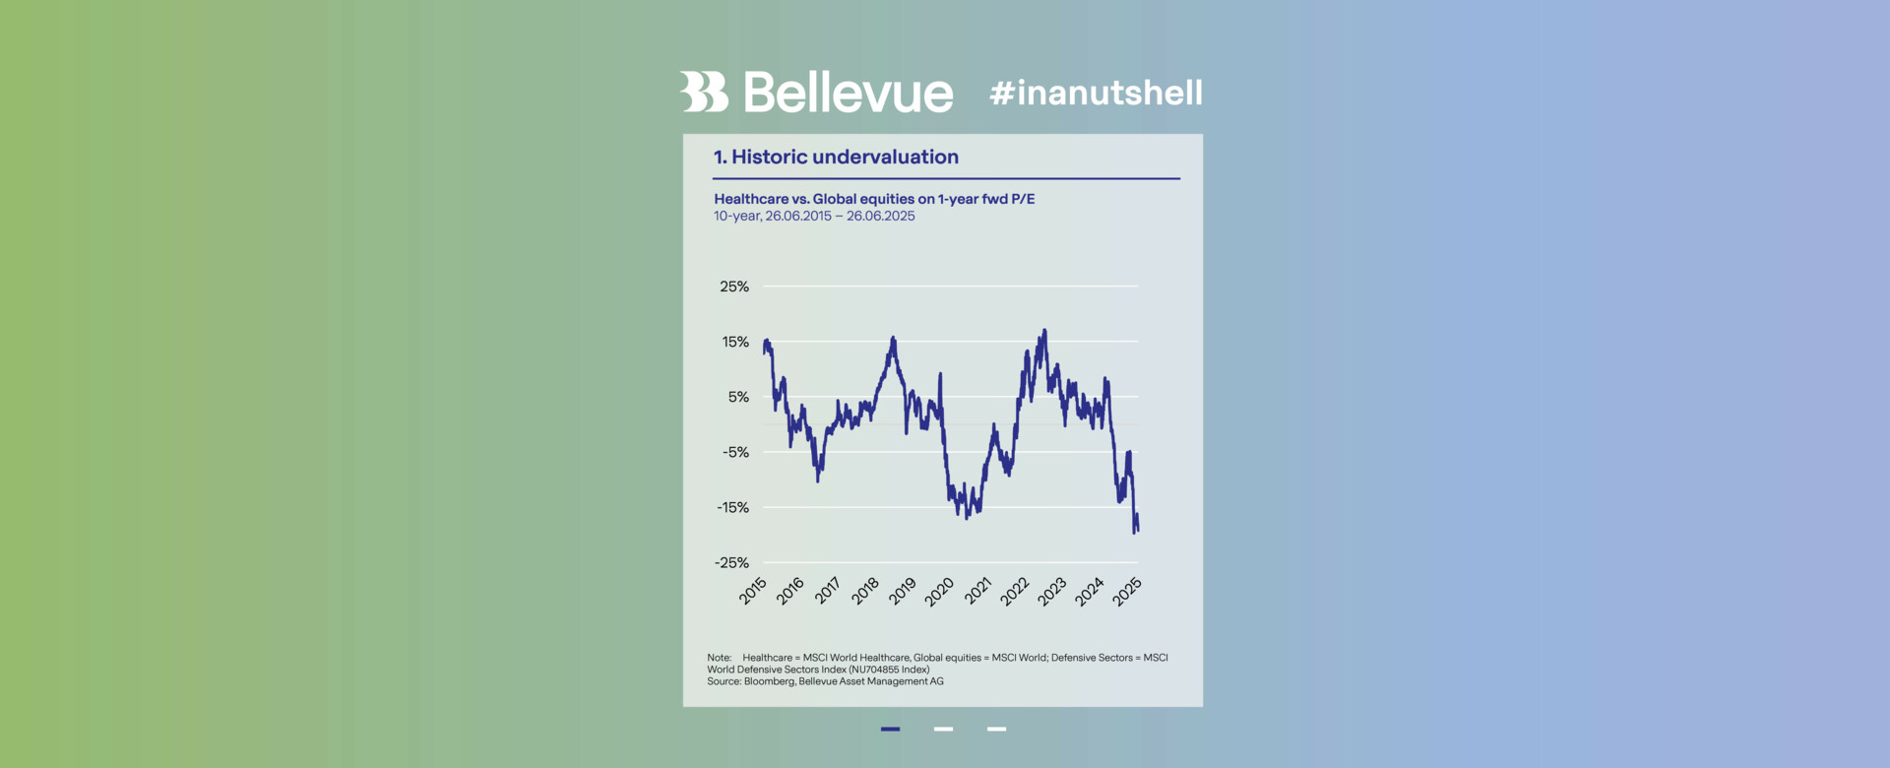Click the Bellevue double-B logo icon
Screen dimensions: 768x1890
click(703, 92)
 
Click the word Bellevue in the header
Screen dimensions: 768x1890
click(848, 93)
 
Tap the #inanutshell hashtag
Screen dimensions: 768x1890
click(1096, 93)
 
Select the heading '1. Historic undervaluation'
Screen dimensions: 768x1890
click(836, 157)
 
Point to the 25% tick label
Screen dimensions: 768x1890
click(734, 287)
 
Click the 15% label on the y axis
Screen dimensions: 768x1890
click(735, 342)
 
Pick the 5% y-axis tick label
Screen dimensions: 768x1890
click(738, 397)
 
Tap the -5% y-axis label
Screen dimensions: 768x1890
click(735, 452)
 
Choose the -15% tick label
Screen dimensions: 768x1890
click(732, 507)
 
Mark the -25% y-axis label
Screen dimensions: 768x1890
click(731, 562)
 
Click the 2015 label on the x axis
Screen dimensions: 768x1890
click(753, 591)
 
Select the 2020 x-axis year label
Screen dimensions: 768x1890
click(939, 591)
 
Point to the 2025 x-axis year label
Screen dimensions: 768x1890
click(1127, 591)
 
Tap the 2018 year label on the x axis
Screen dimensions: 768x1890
click(865, 591)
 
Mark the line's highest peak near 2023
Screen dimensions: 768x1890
click(1044, 330)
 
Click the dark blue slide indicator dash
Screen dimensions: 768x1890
click(890, 729)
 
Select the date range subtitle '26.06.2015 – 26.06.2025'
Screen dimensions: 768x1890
click(840, 216)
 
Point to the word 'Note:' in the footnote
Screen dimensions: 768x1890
click(719, 658)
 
